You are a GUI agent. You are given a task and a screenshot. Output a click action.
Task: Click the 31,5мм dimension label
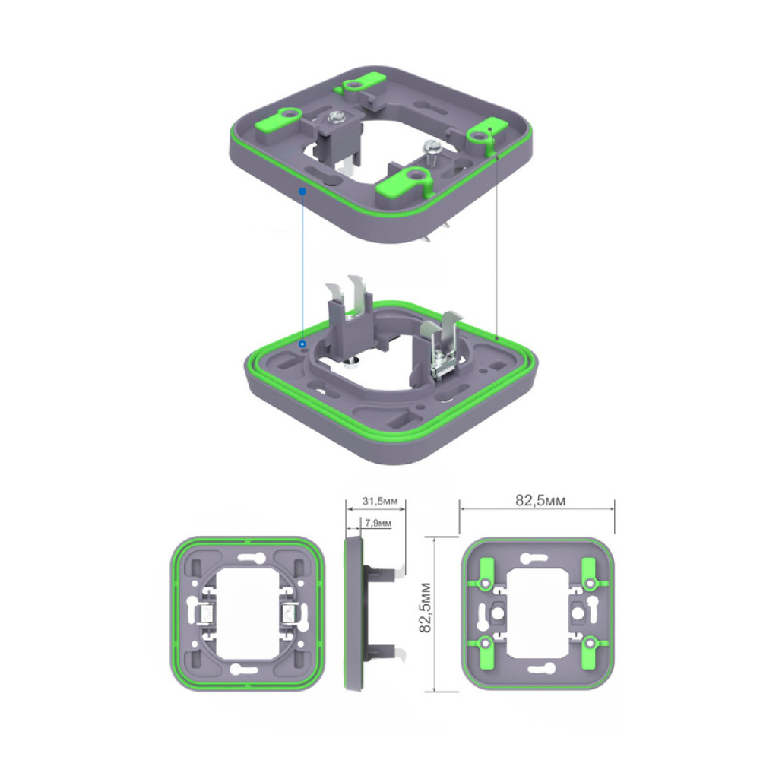pos(380,501)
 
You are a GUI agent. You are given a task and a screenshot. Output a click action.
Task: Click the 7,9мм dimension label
pos(378,523)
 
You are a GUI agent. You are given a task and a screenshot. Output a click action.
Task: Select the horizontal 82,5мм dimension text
pos(540,501)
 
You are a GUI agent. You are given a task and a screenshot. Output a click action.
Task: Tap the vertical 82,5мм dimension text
pos(425,607)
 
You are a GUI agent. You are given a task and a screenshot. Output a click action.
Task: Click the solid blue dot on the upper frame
pos(302,192)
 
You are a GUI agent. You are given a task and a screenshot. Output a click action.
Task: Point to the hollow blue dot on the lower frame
pos(302,344)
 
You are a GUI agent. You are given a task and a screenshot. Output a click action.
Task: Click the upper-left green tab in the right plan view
pos(485,573)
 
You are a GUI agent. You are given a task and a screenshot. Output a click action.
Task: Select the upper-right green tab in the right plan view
pos(589,573)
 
